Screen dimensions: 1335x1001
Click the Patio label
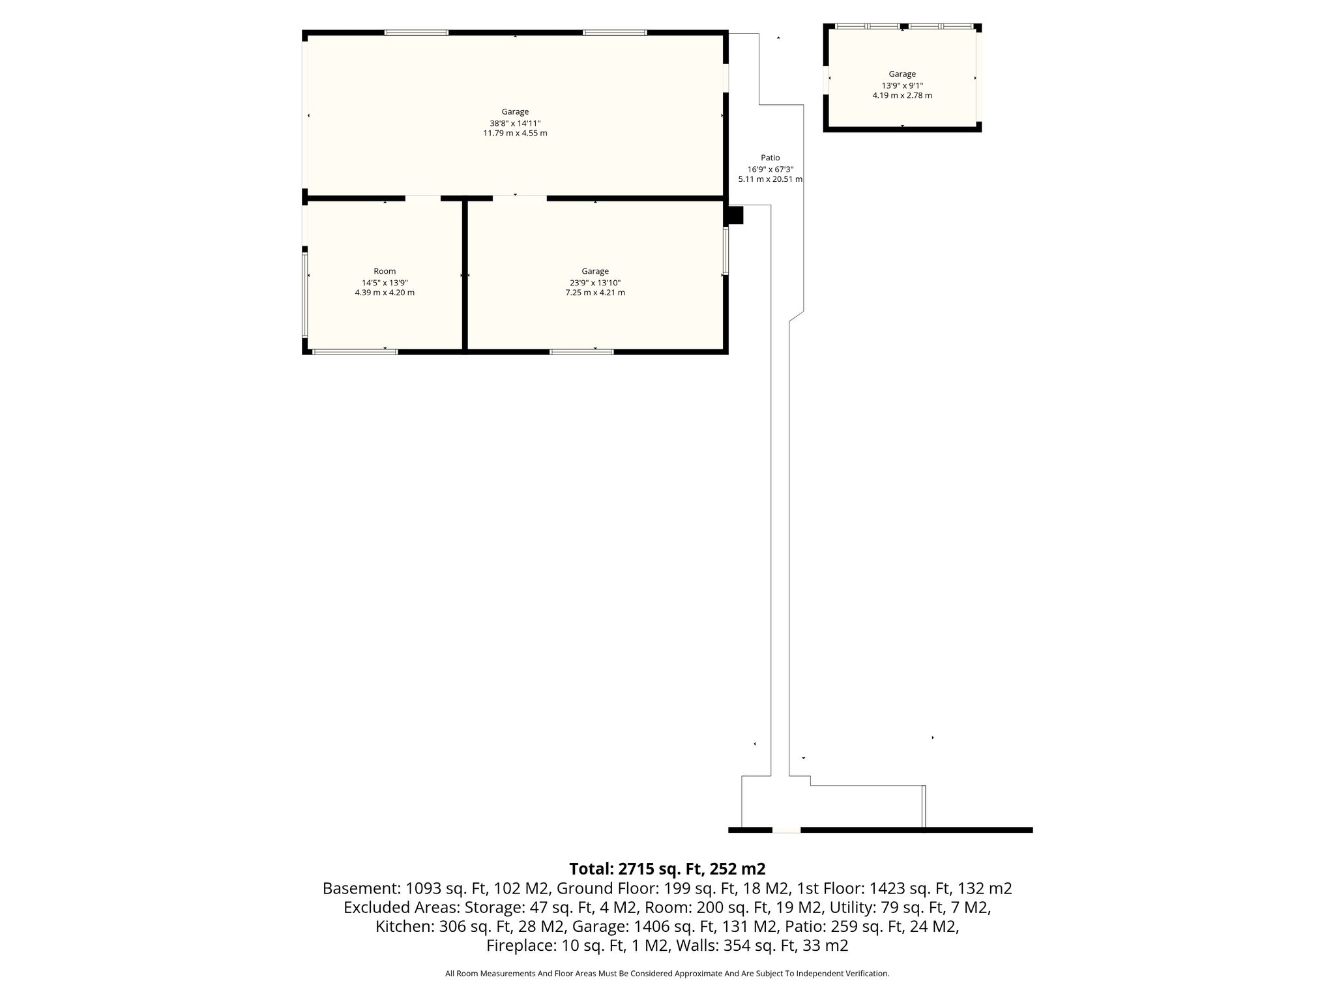(x=770, y=158)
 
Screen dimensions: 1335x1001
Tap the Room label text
(x=385, y=271)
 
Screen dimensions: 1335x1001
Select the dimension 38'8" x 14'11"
(x=515, y=123)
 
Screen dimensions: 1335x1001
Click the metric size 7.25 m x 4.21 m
(x=595, y=293)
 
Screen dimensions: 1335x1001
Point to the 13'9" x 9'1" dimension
(x=902, y=85)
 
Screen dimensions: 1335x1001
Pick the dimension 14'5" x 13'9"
(x=385, y=283)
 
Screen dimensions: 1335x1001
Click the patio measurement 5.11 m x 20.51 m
(x=770, y=179)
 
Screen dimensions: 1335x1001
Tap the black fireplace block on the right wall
(x=735, y=215)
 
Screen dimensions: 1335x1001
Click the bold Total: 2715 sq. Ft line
(x=667, y=869)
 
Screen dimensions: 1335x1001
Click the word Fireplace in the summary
(x=518, y=946)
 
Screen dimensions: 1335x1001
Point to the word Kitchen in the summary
(x=402, y=926)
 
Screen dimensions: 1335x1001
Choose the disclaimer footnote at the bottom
(x=667, y=974)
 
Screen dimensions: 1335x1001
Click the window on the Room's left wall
(x=304, y=295)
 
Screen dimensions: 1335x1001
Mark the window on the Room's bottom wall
(x=355, y=352)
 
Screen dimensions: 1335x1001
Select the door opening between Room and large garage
(x=423, y=197)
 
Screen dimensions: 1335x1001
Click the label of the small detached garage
(x=902, y=74)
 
